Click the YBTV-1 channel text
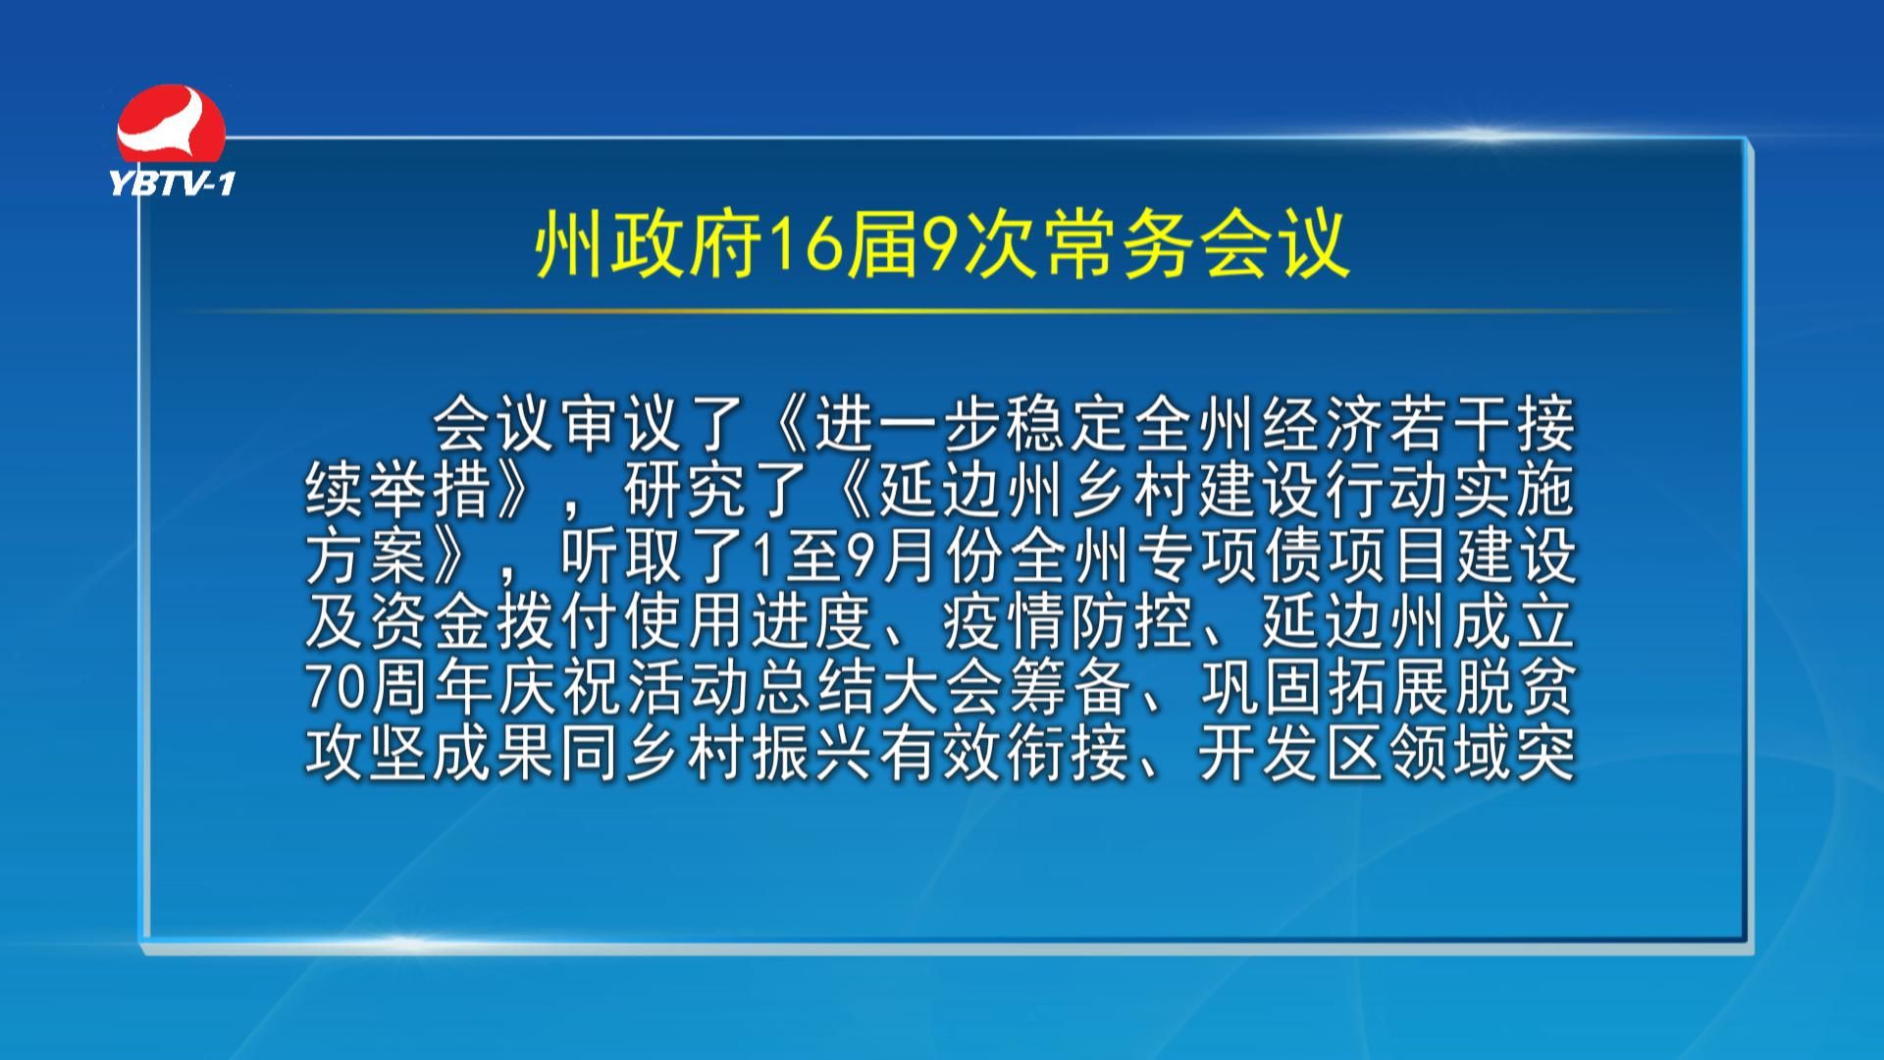[172, 183]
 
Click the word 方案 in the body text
[367, 556]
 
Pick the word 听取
[621, 556]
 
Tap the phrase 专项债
[1230, 556]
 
